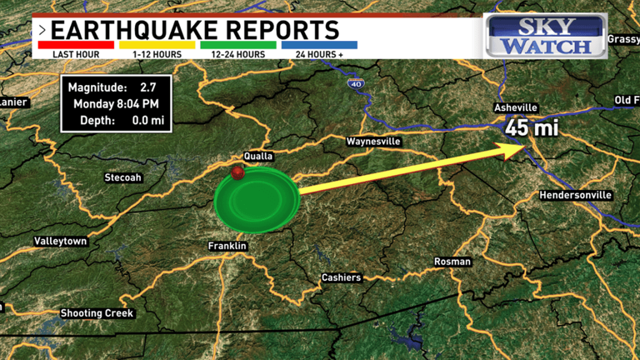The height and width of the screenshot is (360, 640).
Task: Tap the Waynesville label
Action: coord(374,142)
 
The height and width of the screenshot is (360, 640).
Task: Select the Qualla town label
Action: coord(258,156)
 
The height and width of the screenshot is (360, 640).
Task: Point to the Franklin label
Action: coord(227,247)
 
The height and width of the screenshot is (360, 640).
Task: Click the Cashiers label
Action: coord(342,277)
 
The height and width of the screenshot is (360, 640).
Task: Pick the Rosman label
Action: coord(452,262)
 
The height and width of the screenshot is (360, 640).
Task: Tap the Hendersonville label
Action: coord(576,195)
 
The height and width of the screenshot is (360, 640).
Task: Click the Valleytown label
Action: coord(61,241)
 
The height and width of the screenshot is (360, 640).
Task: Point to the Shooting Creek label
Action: coord(97,313)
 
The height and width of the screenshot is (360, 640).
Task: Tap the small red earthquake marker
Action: coord(238,172)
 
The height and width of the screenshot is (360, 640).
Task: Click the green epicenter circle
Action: coord(257,200)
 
